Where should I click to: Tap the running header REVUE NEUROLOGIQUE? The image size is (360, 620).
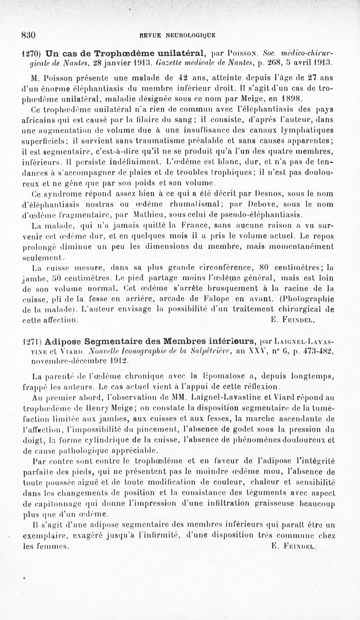(177, 35)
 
